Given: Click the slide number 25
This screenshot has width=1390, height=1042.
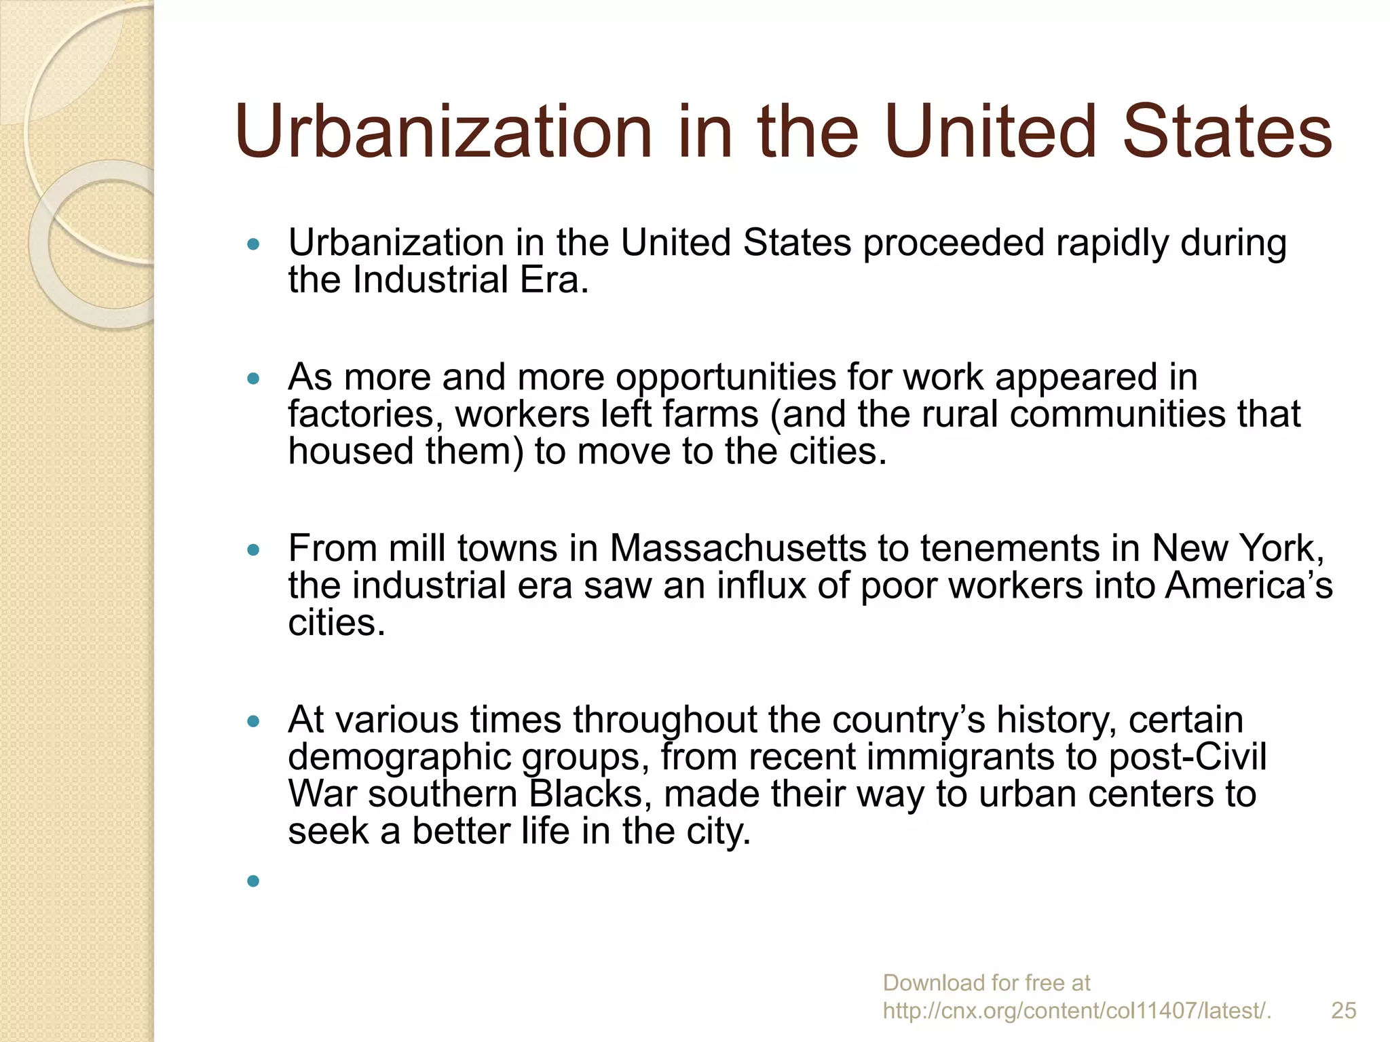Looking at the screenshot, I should click(1343, 1010).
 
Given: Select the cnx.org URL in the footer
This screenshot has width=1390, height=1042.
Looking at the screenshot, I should click(1076, 1011).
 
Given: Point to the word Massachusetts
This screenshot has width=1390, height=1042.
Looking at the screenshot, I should click(738, 548).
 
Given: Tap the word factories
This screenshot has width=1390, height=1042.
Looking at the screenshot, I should click(365, 414).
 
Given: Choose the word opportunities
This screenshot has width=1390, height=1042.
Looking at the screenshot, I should click(726, 378).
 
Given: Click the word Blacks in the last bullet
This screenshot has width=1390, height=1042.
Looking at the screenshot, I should click(590, 794).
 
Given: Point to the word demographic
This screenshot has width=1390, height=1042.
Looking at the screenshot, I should click(399, 758).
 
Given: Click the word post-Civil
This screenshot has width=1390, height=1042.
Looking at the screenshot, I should click(1188, 756).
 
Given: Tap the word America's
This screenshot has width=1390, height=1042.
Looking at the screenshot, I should click(1249, 585).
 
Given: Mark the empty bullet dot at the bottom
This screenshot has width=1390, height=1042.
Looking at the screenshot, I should click(254, 881).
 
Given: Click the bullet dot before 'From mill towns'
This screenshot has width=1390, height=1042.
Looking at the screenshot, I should click(254, 549).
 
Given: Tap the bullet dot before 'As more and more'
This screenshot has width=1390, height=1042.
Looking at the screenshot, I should click(254, 379).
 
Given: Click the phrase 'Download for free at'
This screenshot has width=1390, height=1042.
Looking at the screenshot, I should click(986, 982).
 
